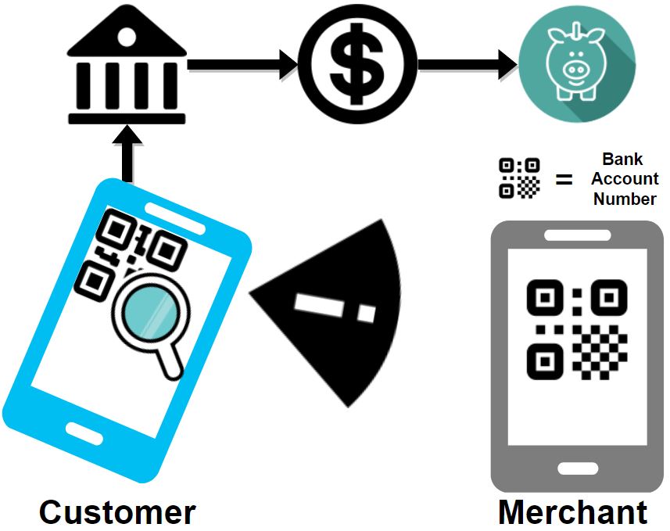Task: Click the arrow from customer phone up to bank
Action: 127,156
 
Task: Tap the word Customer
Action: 117,512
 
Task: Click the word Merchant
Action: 573,512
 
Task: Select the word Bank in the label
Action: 623,160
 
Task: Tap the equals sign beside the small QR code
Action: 564,179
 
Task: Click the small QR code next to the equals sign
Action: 519,178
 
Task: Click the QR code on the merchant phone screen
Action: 577,328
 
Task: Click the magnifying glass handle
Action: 173,362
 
